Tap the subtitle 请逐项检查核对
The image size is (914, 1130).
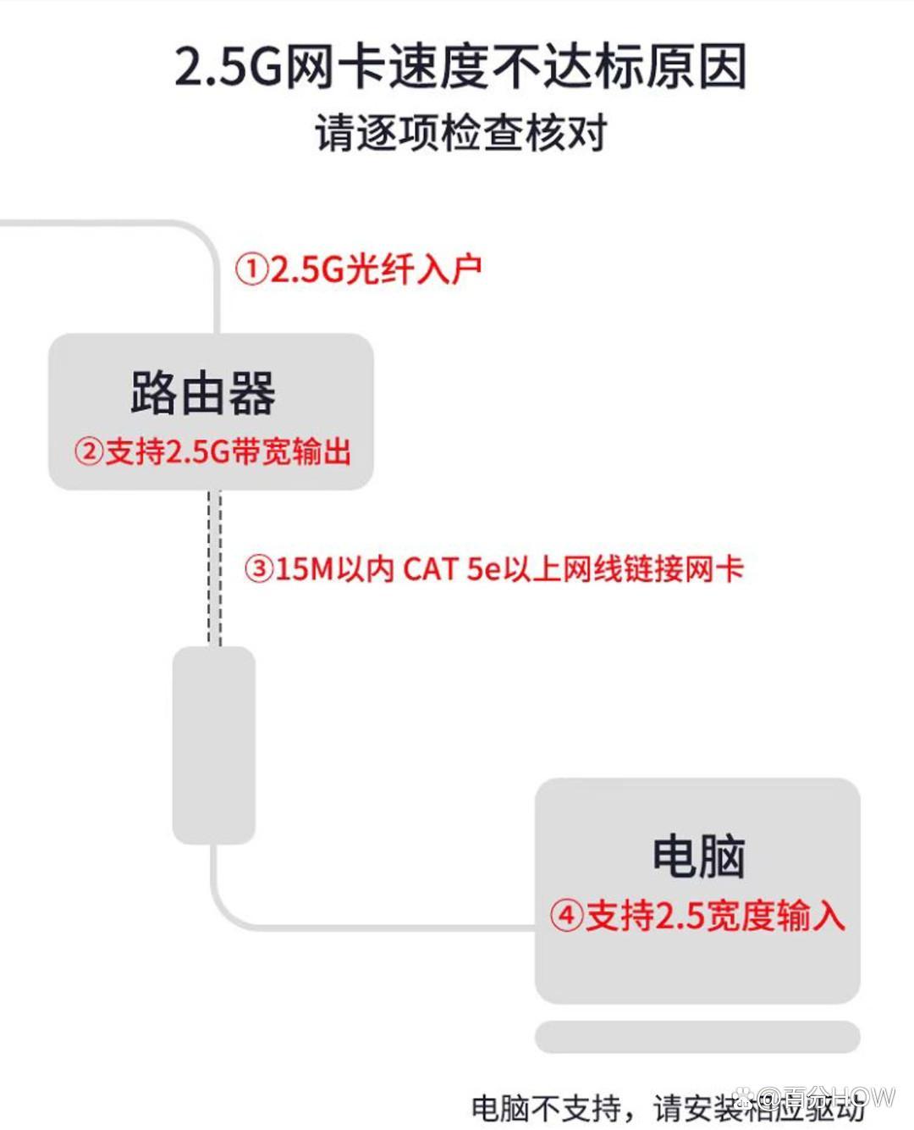click(461, 134)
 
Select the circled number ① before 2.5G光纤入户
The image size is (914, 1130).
click(251, 269)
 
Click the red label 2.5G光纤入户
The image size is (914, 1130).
click(376, 269)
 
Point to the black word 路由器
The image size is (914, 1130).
click(203, 393)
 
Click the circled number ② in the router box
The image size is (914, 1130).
click(88, 451)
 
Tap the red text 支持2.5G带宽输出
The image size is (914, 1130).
click(227, 451)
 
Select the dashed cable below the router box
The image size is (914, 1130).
click(215, 568)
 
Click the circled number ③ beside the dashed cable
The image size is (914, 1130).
click(259, 568)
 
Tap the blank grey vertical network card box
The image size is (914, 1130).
click(214, 745)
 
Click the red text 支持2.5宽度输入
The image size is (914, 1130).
click(715, 916)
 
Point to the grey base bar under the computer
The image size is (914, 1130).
click(697, 1037)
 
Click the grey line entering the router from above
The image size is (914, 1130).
click(215, 288)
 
